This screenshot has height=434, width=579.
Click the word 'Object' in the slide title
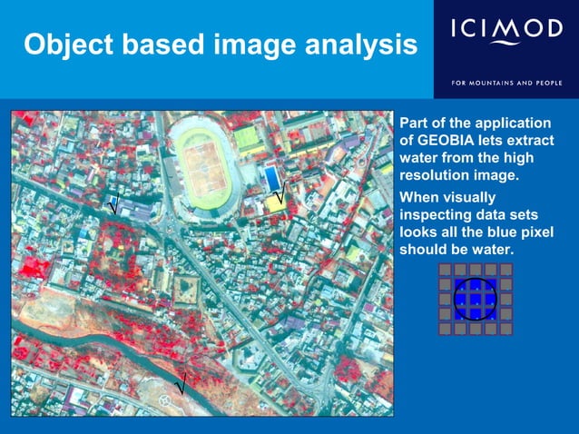point(64,45)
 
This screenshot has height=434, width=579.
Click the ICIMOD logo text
point(505,30)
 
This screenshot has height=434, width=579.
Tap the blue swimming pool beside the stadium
point(271,175)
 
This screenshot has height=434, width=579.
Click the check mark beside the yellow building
point(279,193)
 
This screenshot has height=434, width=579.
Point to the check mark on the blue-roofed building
point(113,205)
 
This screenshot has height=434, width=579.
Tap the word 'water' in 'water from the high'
point(419,157)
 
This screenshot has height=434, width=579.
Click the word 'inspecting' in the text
point(436,214)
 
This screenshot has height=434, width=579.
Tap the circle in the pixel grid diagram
point(475,299)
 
